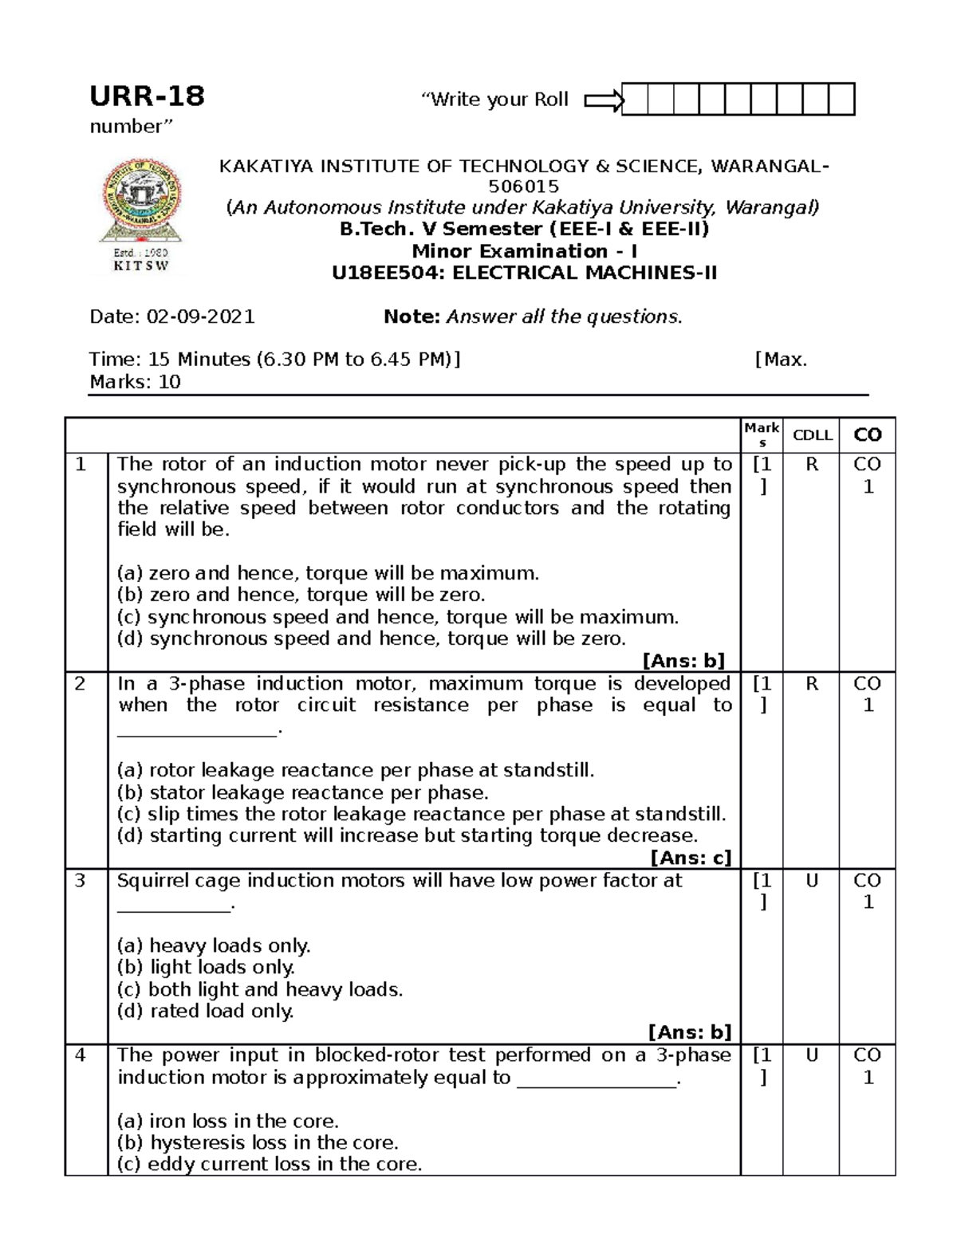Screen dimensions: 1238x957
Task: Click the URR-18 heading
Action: pyautogui.click(x=147, y=96)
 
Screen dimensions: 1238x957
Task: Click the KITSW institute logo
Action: pyautogui.click(x=140, y=214)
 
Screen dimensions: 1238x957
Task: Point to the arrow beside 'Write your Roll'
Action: pyautogui.click(x=604, y=100)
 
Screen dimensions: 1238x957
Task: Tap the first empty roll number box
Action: pyautogui.click(x=635, y=100)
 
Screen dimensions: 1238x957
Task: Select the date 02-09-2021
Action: pyautogui.click(x=200, y=317)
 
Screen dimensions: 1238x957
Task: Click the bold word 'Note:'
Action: pyautogui.click(x=412, y=317)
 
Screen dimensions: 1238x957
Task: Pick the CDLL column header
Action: pyautogui.click(x=812, y=435)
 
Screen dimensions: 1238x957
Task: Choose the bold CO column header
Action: pyautogui.click(x=868, y=435)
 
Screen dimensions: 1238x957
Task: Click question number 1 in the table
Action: pyautogui.click(x=81, y=465)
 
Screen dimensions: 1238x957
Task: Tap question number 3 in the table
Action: pyautogui.click(x=81, y=881)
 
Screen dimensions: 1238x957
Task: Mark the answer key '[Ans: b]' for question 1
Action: pyautogui.click(x=683, y=660)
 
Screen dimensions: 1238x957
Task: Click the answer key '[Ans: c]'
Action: pyautogui.click(x=691, y=858)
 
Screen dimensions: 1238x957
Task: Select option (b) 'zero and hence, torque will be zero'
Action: pyautogui.click(x=301, y=595)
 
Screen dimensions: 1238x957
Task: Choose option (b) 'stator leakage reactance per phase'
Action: pyautogui.click(x=303, y=793)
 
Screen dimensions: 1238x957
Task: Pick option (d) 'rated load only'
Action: pyautogui.click(x=206, y=1012)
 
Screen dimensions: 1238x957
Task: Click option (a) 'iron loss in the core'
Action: pyautogui.click(x=228, y=1121)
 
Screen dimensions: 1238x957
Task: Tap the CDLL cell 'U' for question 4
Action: pyautogui.click(x=812, y=1056)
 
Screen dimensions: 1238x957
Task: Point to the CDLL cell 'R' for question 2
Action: pyautogui.click(x=812, y=684)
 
